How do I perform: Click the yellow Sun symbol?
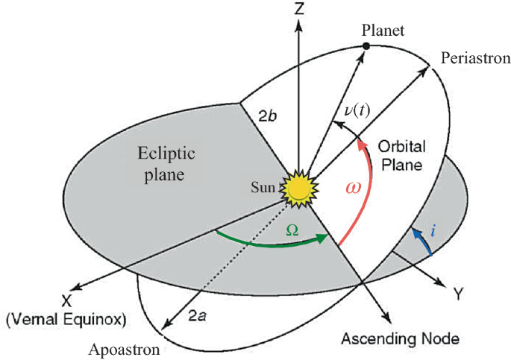[298, 189]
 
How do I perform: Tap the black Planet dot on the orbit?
[366, 47]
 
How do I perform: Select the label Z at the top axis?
[299, 9]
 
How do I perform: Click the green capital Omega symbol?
[294, 231]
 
